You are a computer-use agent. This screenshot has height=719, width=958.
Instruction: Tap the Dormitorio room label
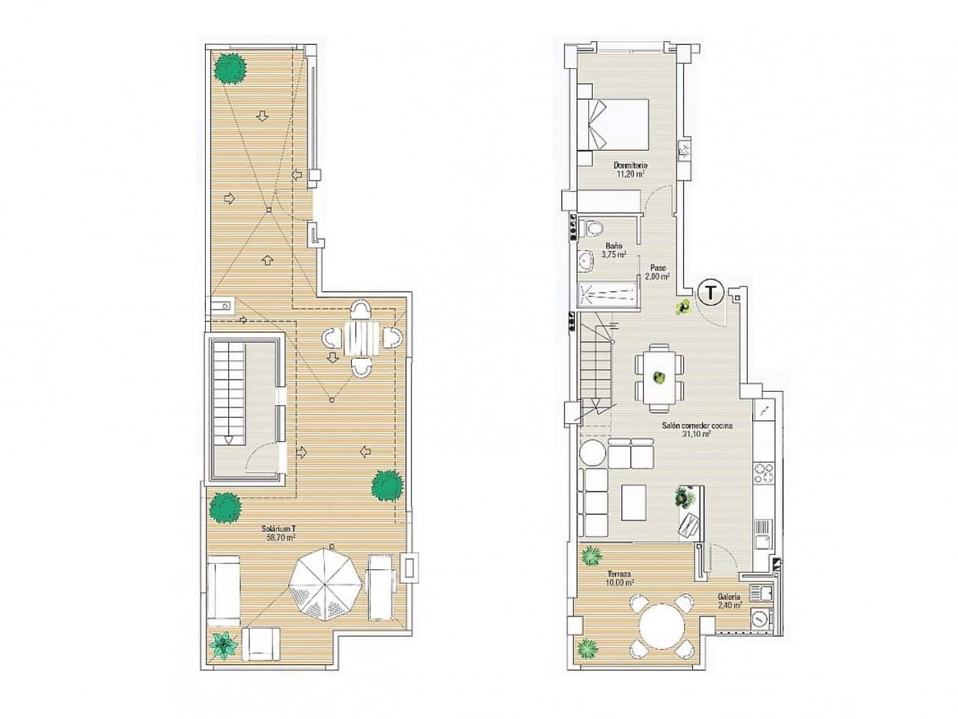click(630, 166)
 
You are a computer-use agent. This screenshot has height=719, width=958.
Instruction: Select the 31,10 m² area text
click(696, 432)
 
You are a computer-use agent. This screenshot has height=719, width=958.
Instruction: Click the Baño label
click(613, 245)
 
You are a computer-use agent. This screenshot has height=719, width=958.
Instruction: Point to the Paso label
click(658, 267)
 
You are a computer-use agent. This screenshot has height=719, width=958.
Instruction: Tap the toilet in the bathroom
click(594, 227)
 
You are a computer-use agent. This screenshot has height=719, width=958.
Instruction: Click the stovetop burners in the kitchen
click(763, 473)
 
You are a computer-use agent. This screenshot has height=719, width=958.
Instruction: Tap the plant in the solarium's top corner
click(230, 68)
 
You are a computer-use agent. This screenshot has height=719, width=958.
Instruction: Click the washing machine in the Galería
click(762, 619)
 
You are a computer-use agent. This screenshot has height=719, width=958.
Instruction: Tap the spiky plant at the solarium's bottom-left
click(222, 643)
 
